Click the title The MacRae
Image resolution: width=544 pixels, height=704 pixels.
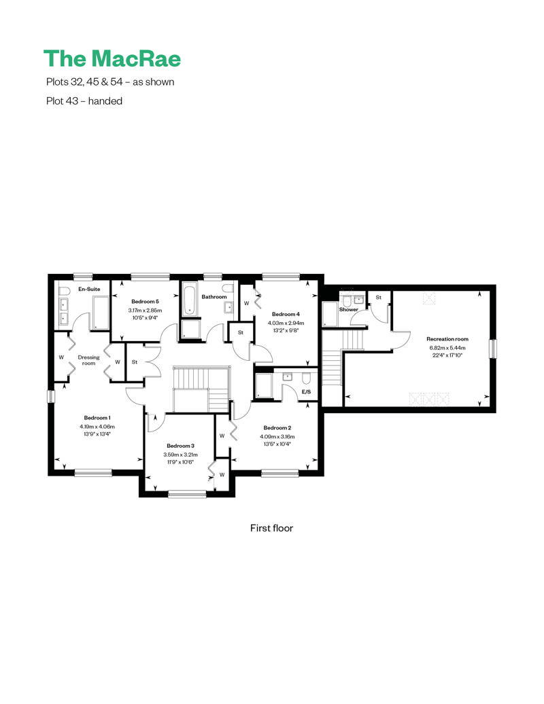(112, 58)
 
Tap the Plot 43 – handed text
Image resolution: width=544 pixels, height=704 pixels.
(84, 101)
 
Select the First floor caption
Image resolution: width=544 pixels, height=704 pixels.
(271, 528)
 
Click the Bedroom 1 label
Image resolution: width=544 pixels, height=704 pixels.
(97, 417)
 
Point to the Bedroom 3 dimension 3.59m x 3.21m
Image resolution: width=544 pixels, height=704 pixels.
(180, 455)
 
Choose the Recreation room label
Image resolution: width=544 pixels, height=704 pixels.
(447, 339)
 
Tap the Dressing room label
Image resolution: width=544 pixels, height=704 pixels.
(88, 360)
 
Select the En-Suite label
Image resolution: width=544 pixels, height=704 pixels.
(89, 289)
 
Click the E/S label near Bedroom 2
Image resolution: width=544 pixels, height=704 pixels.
(306, 392)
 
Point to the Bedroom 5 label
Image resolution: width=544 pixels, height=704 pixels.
(145, 302)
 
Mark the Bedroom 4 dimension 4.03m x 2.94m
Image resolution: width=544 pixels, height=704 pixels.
(286, 323)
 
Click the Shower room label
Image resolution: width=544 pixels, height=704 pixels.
(349, 309)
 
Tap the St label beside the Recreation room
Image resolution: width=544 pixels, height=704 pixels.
(378, 297)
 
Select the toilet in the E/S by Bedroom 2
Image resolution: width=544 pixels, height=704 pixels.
(307, 378)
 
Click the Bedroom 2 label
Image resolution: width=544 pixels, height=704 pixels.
(277, 428)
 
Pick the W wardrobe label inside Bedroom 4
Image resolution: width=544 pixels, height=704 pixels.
(246, 303)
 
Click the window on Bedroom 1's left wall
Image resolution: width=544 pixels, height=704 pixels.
(51, 396)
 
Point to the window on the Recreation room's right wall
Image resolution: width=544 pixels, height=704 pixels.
(493, 349)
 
